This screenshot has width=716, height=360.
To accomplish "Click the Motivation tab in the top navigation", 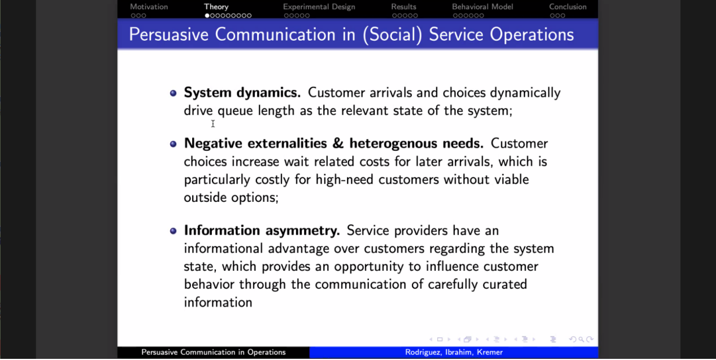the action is (149, 7).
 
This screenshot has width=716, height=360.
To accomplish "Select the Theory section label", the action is (216, 7).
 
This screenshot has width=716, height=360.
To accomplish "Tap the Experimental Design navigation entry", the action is (319, 7).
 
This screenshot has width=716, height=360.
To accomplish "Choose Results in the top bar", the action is (403, 7).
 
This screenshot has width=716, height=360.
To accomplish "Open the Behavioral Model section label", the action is (483, 7).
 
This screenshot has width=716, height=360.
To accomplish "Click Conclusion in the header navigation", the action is (568, 7).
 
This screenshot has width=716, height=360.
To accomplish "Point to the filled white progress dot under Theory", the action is (207, 15).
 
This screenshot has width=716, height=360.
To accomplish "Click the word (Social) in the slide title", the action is (393, 34).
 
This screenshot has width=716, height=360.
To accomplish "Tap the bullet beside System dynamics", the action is (173, 93).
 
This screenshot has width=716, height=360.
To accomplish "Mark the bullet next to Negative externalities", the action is (173, 144).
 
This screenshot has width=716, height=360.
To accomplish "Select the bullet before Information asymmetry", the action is (173, 231).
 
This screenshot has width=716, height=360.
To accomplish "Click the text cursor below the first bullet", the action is (213, 123).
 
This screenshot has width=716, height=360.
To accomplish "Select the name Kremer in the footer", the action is (490, 352).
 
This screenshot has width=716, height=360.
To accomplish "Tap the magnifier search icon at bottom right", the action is (581, 339).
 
